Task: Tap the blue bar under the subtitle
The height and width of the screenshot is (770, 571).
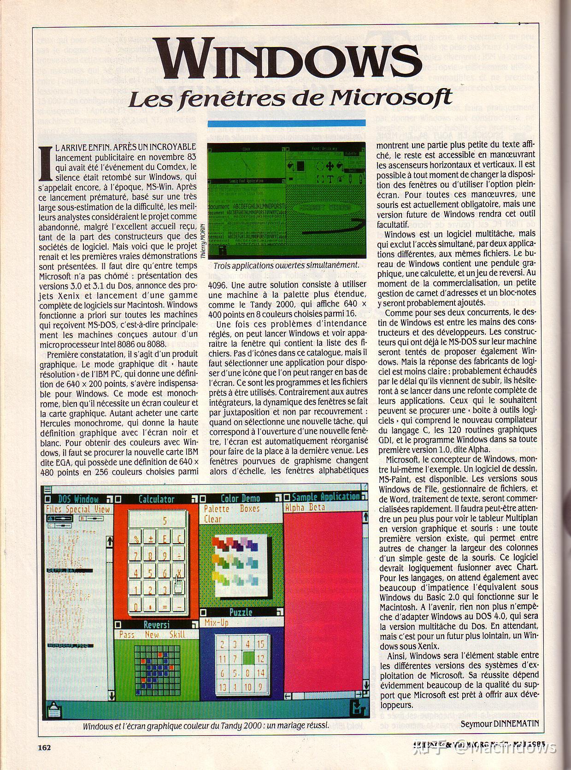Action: (286, 123)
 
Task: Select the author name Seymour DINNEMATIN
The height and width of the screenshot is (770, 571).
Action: (499, 724)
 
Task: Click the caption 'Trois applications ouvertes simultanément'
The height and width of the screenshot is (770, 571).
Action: (286, 265)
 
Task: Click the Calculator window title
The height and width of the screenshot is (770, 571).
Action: (156, 499)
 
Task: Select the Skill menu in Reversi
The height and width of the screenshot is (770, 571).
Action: (177, 635)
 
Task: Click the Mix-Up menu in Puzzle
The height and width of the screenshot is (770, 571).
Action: (217, 622)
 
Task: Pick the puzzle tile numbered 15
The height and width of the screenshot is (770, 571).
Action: (261, 644)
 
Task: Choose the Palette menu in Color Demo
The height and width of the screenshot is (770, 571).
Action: (217, 509)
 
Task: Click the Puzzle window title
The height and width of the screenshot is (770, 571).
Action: (241, 612)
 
